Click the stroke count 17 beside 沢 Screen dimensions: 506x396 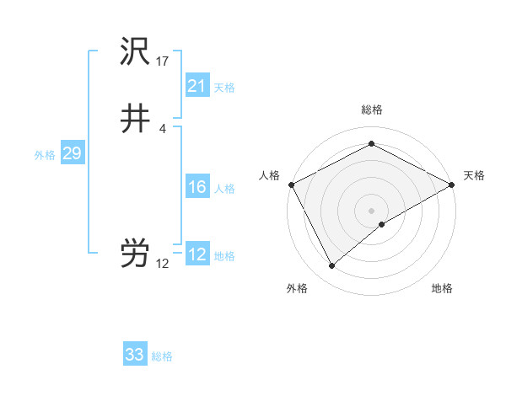163,62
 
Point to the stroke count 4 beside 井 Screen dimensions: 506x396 163,128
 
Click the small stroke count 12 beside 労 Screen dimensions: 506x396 163,264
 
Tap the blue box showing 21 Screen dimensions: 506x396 196,86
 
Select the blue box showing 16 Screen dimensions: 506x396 196,187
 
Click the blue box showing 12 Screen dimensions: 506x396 196,254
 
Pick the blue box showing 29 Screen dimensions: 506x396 72,153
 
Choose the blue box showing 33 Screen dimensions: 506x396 135,355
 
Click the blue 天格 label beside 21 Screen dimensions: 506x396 224,88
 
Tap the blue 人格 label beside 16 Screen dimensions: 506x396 224,189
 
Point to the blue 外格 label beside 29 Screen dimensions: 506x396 45,155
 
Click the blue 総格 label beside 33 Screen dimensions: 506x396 163,356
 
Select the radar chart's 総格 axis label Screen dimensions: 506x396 371,110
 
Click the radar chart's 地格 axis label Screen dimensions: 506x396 442,288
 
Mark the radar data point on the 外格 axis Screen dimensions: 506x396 332,265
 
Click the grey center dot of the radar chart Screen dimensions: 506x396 371,210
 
